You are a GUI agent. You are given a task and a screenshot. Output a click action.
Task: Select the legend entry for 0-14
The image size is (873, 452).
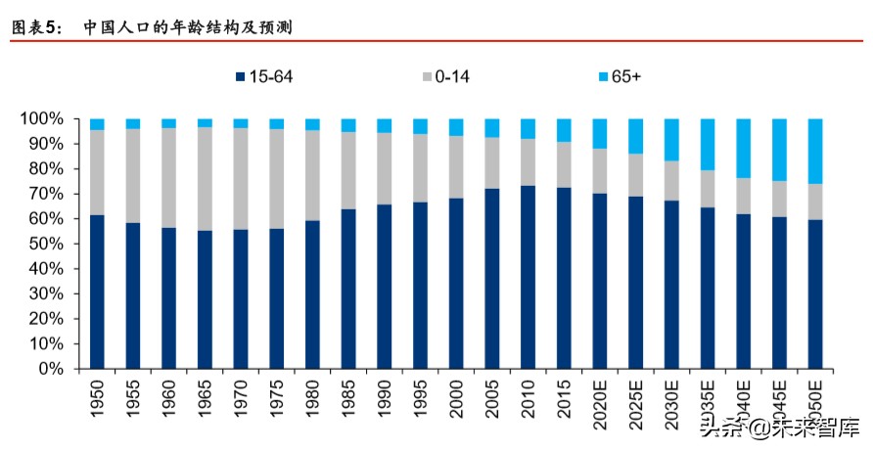(x=444, y=75)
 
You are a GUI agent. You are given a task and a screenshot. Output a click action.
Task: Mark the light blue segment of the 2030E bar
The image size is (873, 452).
(x=671, y=139)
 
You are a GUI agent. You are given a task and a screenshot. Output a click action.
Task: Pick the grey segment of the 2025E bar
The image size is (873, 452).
(x=635, y=175)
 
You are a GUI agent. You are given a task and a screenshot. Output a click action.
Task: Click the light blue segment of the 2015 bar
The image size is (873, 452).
(x=564, y=130)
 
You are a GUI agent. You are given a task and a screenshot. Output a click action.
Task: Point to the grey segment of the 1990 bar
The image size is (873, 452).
(x=384, y=168)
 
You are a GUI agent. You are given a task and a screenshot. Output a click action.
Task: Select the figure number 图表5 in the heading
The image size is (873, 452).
(x=37, y=28)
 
